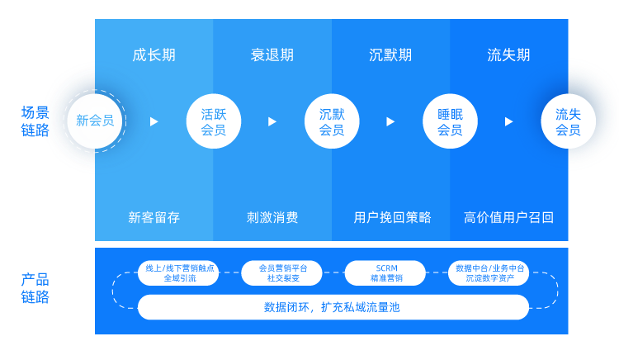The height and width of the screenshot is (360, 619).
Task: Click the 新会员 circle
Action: click(95, 121)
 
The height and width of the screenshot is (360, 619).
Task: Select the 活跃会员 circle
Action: click(214, 121)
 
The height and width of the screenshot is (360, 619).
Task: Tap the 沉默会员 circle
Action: click(332, 121)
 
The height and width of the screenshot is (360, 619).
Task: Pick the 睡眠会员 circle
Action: click(450, 121)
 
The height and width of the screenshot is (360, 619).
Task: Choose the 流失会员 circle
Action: click(568, 121)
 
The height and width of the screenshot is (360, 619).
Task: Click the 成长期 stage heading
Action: click(154, 54)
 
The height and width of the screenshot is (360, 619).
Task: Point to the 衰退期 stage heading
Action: click(272, 54)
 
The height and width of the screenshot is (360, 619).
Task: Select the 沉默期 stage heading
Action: click(390, 54)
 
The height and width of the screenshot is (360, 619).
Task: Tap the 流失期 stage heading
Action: click(508, 54)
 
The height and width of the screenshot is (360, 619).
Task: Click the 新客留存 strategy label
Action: click(154, 217)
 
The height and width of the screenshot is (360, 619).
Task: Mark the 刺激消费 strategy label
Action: click(272, 217)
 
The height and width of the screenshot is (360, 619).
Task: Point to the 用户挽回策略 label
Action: click(392, 217)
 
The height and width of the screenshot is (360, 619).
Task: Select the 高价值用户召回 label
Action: click(508, 217)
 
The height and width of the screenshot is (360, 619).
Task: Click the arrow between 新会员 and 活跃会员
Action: click(154, 121)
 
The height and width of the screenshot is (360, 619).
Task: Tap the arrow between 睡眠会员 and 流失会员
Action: click(509, 121)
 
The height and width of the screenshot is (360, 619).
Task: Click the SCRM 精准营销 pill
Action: click(385, 272)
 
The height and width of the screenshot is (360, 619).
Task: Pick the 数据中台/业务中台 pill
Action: click(489, 272)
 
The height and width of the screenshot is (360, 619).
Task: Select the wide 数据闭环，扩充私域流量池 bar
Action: click(333, 307)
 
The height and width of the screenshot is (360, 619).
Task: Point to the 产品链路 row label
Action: click(35, 288)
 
